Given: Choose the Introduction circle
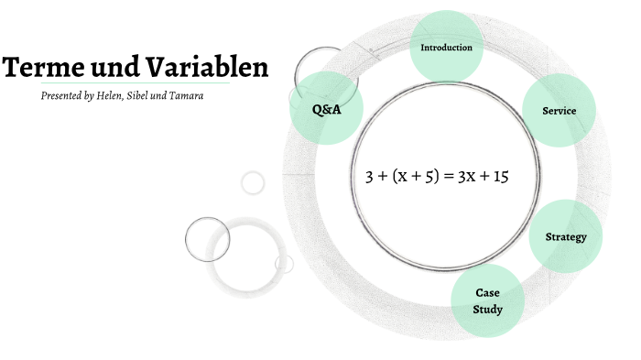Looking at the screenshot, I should [446, 47].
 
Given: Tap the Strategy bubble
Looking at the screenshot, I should [565, 237].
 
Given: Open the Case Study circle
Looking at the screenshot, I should [487, 300].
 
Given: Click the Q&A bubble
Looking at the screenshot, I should [326, 108].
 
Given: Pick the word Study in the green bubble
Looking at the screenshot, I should [487, 309].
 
